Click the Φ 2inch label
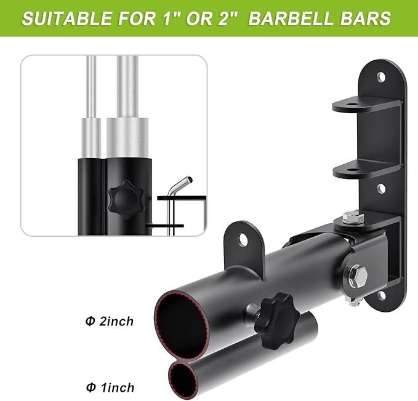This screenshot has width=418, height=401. pos(110,322)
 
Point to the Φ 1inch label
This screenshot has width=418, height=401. pos(110,387)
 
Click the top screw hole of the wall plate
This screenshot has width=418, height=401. pos(381,77)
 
